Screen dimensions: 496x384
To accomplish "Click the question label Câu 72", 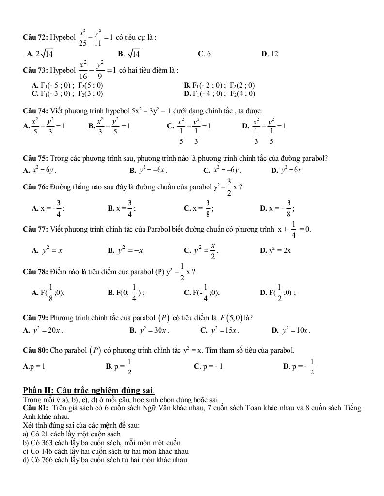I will coord(35,37).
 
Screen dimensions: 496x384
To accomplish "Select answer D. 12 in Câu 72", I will coord(270,54).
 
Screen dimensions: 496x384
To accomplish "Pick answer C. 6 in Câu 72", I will coord(204,54).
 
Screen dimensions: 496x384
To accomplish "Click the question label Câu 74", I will coord(35,111).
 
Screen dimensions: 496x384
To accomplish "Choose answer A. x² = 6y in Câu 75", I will coord(40,170).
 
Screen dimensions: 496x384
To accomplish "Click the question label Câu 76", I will coord(35,187).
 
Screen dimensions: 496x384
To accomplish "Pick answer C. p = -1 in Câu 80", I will coord(208,366).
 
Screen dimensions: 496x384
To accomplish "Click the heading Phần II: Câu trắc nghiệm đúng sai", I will coord(89,390).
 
